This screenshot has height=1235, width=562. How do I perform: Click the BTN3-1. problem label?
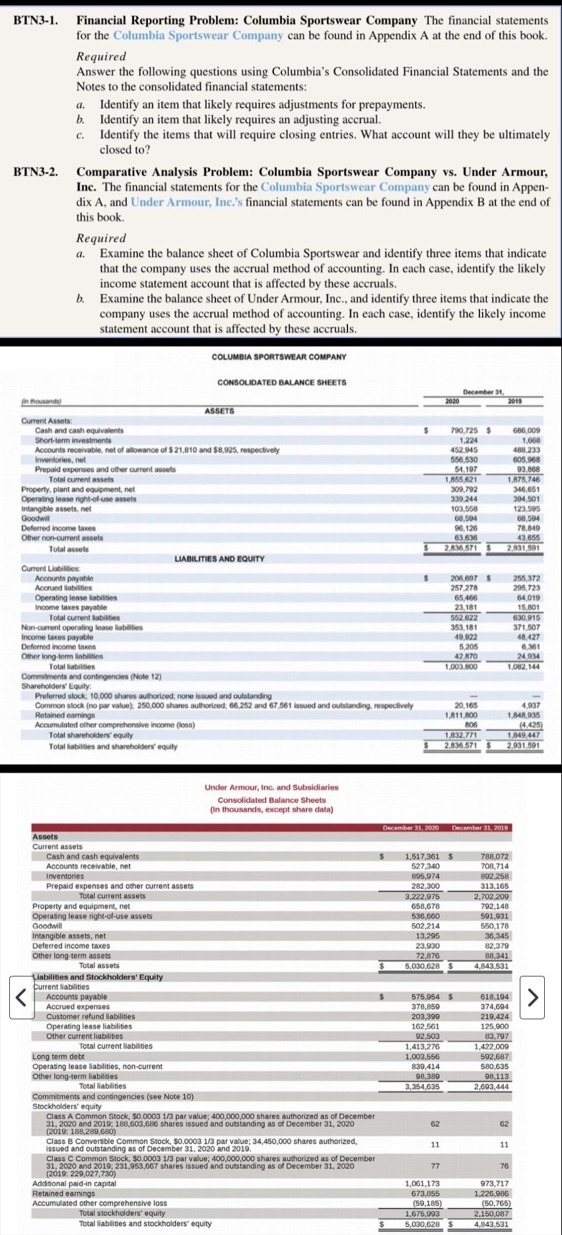(x=34, y=20)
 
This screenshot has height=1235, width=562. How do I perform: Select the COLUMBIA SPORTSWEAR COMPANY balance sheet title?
(x=279, y=357)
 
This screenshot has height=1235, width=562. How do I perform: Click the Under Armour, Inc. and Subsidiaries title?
(x=271, y=787)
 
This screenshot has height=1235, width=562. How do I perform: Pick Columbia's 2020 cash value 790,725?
(x=462, y=431)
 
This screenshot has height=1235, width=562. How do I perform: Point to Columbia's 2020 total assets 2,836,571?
(x=462, y=549)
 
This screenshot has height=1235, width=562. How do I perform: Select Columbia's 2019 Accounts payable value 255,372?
(x=527, y=578)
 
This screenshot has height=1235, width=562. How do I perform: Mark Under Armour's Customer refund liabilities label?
(x=90, y=1016)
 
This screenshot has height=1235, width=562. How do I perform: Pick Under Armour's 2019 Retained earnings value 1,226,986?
(x=491, y=1193)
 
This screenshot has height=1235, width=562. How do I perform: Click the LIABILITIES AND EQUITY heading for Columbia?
(x=219, y=559)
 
